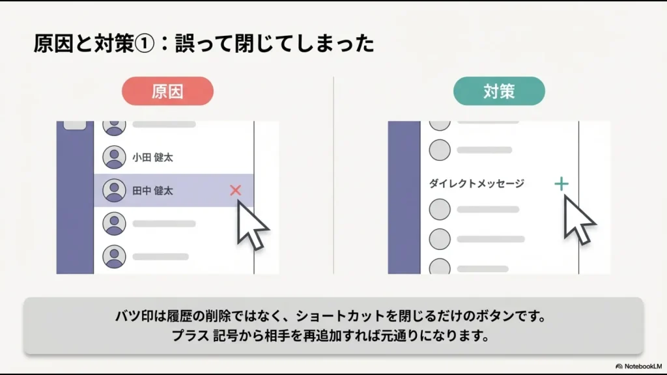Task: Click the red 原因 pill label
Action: (x=167, y=91)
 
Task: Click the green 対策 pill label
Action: (x=499, y=91)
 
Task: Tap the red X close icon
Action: (x=236, y=191)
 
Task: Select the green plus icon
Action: (x=561, y=184)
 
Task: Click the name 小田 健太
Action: (x=152, y=158)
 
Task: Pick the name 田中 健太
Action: (x=152, y=191)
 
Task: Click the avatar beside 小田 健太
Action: (x=115, y=158)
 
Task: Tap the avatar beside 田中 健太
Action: (x=115, y=191)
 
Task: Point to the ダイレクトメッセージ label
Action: (x=476, y=184)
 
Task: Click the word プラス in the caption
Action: (x=191, y=337)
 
